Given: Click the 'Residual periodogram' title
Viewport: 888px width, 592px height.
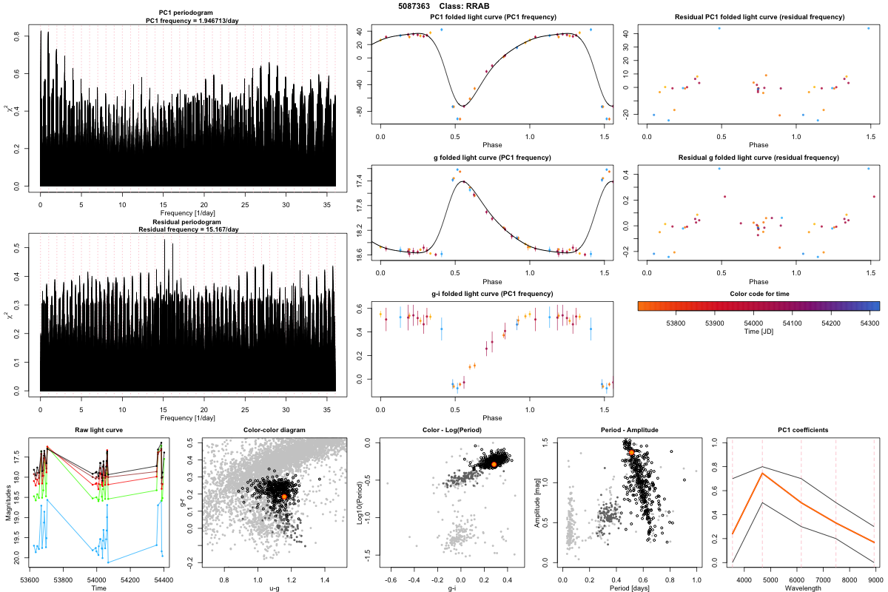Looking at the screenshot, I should [x=187, y=222].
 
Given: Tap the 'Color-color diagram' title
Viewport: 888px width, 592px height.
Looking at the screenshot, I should [x=274, y=430].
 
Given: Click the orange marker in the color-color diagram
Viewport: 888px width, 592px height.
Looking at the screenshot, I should [x=284, y=497].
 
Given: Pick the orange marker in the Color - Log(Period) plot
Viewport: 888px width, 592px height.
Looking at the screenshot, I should [x=494, y=464].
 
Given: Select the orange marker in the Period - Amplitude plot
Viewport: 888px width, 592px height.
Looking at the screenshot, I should [x=631, y=451].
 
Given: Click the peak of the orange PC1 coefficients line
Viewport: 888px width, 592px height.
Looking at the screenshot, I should [x=762, y=473].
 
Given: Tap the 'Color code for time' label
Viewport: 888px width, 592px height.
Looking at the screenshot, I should [x=758, y=293].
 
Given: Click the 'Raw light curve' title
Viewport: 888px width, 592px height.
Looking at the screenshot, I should [x=98, y=430].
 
